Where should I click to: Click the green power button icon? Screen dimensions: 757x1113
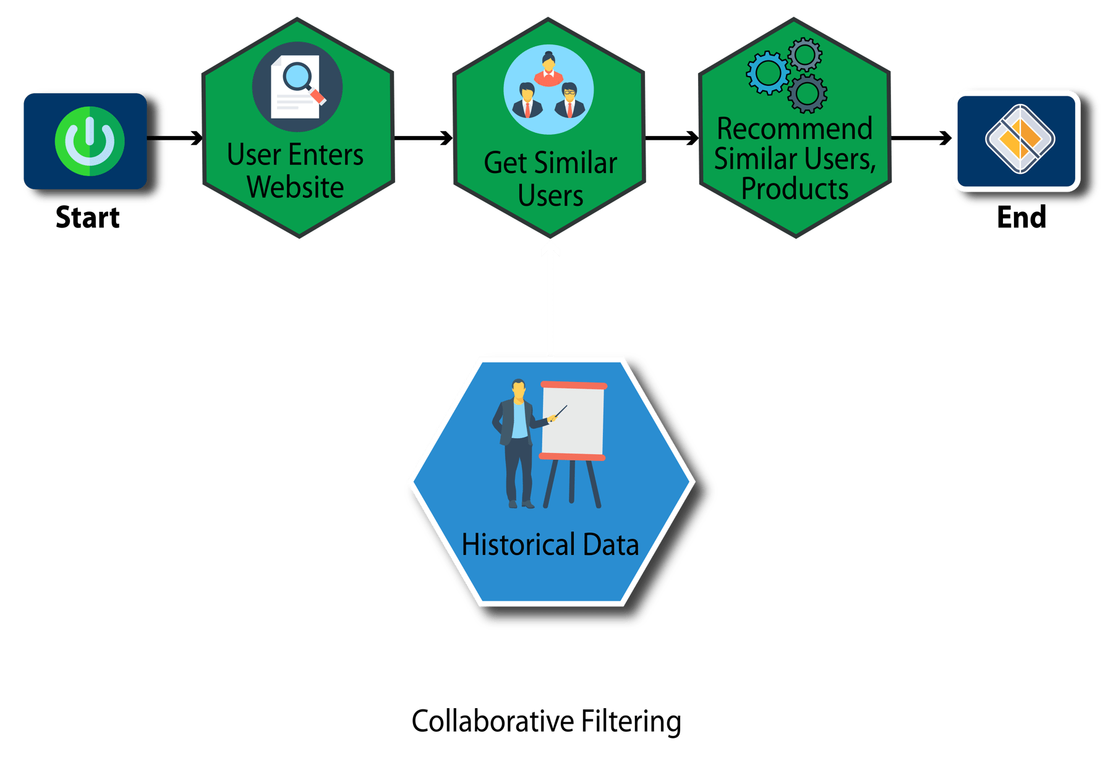point(90,142)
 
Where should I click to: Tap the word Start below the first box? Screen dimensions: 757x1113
point(88,218)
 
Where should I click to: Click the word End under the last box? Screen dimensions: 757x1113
point(1021,218)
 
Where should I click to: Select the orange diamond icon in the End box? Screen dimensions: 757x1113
point(1020,139)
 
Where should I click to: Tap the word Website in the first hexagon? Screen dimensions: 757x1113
point(295,187)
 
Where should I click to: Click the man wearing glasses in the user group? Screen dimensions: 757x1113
point(569,100)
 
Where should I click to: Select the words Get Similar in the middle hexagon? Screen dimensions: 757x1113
point(550,163)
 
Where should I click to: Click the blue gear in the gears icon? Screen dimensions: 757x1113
point(768,73)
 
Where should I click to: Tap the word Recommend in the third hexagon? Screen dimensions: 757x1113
point(795,129)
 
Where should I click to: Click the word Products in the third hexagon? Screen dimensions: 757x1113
point(795,189)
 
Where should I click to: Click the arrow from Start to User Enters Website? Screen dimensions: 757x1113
point(184,137)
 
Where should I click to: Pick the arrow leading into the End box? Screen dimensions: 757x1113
point(921,137)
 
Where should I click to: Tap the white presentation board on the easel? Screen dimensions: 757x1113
point(573,420)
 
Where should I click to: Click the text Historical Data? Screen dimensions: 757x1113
point(550,545)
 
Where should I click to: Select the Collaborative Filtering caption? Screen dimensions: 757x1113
point(547,722)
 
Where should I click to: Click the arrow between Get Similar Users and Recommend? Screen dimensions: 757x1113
point(672,137)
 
